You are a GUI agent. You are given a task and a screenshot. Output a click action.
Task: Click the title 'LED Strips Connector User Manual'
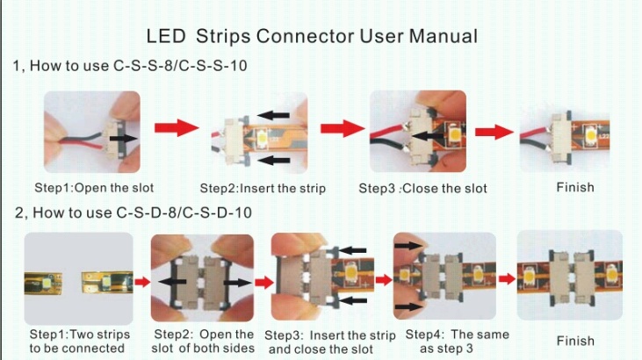tap(312, 37)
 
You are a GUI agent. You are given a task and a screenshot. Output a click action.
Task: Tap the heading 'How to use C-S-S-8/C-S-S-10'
tap(139, 66)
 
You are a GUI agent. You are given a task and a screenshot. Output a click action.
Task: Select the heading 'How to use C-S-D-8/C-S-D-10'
tap(142, 212)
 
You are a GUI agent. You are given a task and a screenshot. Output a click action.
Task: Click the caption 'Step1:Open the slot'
tap(94, 188)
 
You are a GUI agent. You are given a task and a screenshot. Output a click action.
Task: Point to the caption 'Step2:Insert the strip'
tap(263, 189)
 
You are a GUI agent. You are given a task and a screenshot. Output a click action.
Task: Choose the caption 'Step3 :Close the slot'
tap(423, 189)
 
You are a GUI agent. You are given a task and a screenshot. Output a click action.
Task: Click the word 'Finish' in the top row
tap(575, 187)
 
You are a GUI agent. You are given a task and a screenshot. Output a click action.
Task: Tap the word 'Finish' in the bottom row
tap(575, 341)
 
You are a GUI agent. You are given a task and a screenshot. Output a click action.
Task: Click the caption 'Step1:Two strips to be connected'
tap(79, 342)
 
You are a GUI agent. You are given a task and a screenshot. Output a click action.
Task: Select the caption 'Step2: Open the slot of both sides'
tap(203, 342)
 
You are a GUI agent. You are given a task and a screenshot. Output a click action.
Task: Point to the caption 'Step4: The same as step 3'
tap(457, 342)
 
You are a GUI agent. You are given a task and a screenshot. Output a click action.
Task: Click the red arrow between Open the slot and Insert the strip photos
tap(177, 128)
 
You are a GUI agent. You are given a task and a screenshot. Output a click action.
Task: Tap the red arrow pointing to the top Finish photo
tap(494, 132)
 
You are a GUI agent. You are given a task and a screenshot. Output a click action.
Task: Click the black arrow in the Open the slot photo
tap(124, 139)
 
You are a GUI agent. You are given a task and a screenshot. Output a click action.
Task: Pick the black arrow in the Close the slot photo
tap(428, 135)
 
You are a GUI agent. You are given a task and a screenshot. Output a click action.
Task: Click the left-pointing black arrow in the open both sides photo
tap(172, 281)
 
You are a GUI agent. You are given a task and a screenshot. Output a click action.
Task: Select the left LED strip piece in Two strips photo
tap(43, 283)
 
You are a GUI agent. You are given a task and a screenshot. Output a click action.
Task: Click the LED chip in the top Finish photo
tap(590, 134)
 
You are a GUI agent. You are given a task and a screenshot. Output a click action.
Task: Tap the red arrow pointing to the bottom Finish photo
tap(507, 279)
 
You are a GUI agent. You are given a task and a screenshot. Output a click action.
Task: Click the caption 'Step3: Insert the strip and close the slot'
tap(330, 342)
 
